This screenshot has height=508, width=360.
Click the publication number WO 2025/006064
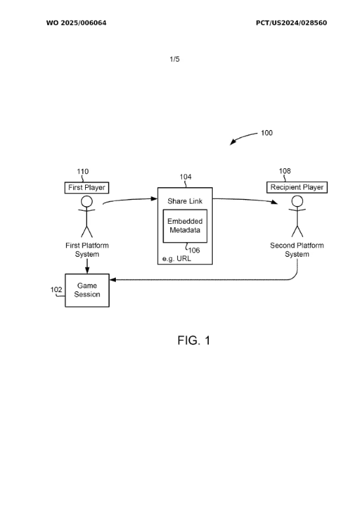pos(76,23)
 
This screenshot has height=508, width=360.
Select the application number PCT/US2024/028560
pos(291,23)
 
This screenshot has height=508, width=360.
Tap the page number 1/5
pos(175,59)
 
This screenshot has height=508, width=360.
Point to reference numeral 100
pos(266,133)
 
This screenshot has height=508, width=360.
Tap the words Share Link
pos(185,201)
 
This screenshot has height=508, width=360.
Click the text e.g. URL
pos(177,259)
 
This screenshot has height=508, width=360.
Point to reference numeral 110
pos(82,172)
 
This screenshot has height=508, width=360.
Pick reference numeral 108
pos(285,171)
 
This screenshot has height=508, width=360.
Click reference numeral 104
pos(186,177)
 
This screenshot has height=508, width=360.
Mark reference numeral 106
pos(194,250)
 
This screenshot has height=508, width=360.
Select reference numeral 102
pos(56,289)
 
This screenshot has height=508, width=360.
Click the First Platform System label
pos(87,250)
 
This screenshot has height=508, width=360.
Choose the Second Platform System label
pos(297,250)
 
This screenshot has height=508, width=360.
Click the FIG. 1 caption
pos(194,340)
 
